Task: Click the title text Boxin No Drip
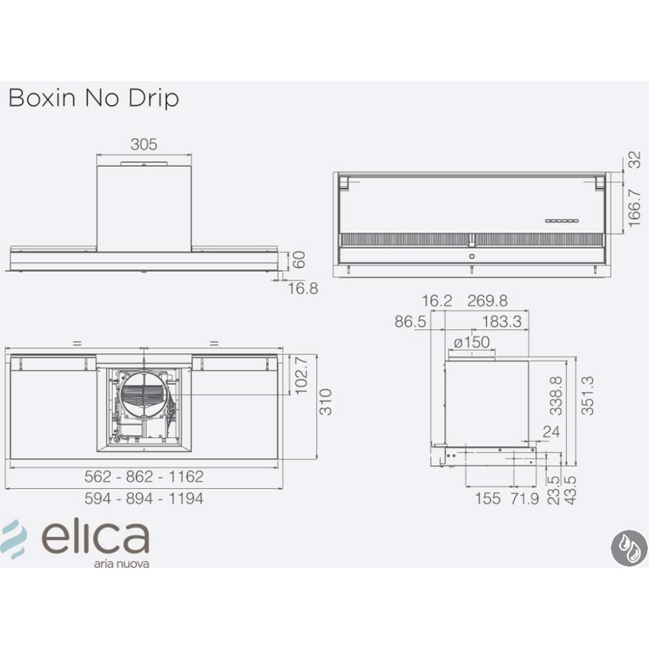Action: click(93, 99)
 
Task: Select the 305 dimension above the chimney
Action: click(144, 145)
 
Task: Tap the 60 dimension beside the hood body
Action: click(299, 260)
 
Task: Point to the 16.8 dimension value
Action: click(303, 289)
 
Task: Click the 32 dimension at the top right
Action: click(635, 160)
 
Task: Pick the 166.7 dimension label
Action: click(635, 208)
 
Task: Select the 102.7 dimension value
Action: click(301, 375)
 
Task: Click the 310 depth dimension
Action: click(326, 402)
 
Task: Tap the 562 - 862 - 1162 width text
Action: click(144, 477)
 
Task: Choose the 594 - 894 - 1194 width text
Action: click(144, 498)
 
